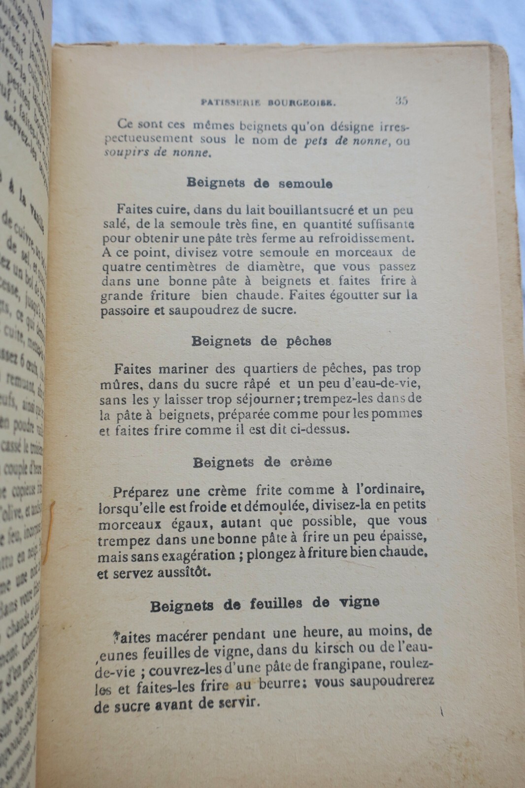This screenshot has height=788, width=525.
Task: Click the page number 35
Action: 401,100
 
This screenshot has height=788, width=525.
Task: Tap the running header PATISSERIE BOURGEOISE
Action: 268,103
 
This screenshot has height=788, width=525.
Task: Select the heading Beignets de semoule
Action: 260,183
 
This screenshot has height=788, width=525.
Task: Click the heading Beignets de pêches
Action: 261,341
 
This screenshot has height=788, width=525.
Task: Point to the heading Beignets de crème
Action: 262,462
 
